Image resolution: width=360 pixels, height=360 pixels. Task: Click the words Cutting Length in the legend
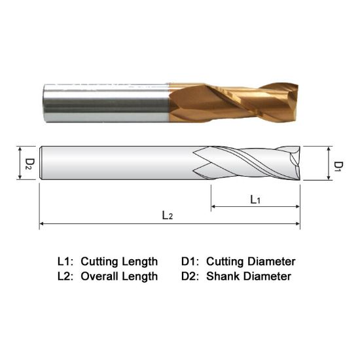[119, 261]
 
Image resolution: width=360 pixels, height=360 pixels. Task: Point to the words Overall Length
[119, 276]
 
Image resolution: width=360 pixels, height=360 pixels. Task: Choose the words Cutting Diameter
[251, 261]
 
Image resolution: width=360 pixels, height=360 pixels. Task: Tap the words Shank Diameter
[249, 276]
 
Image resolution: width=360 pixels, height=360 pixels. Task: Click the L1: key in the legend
[67, 261]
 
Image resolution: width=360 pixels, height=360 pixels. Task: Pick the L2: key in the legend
[67, 276]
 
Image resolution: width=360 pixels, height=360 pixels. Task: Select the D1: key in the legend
[193, 261]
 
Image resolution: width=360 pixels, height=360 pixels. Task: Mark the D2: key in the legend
[193, 276]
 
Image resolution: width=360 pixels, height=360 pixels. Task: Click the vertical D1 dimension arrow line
[327, 163]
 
